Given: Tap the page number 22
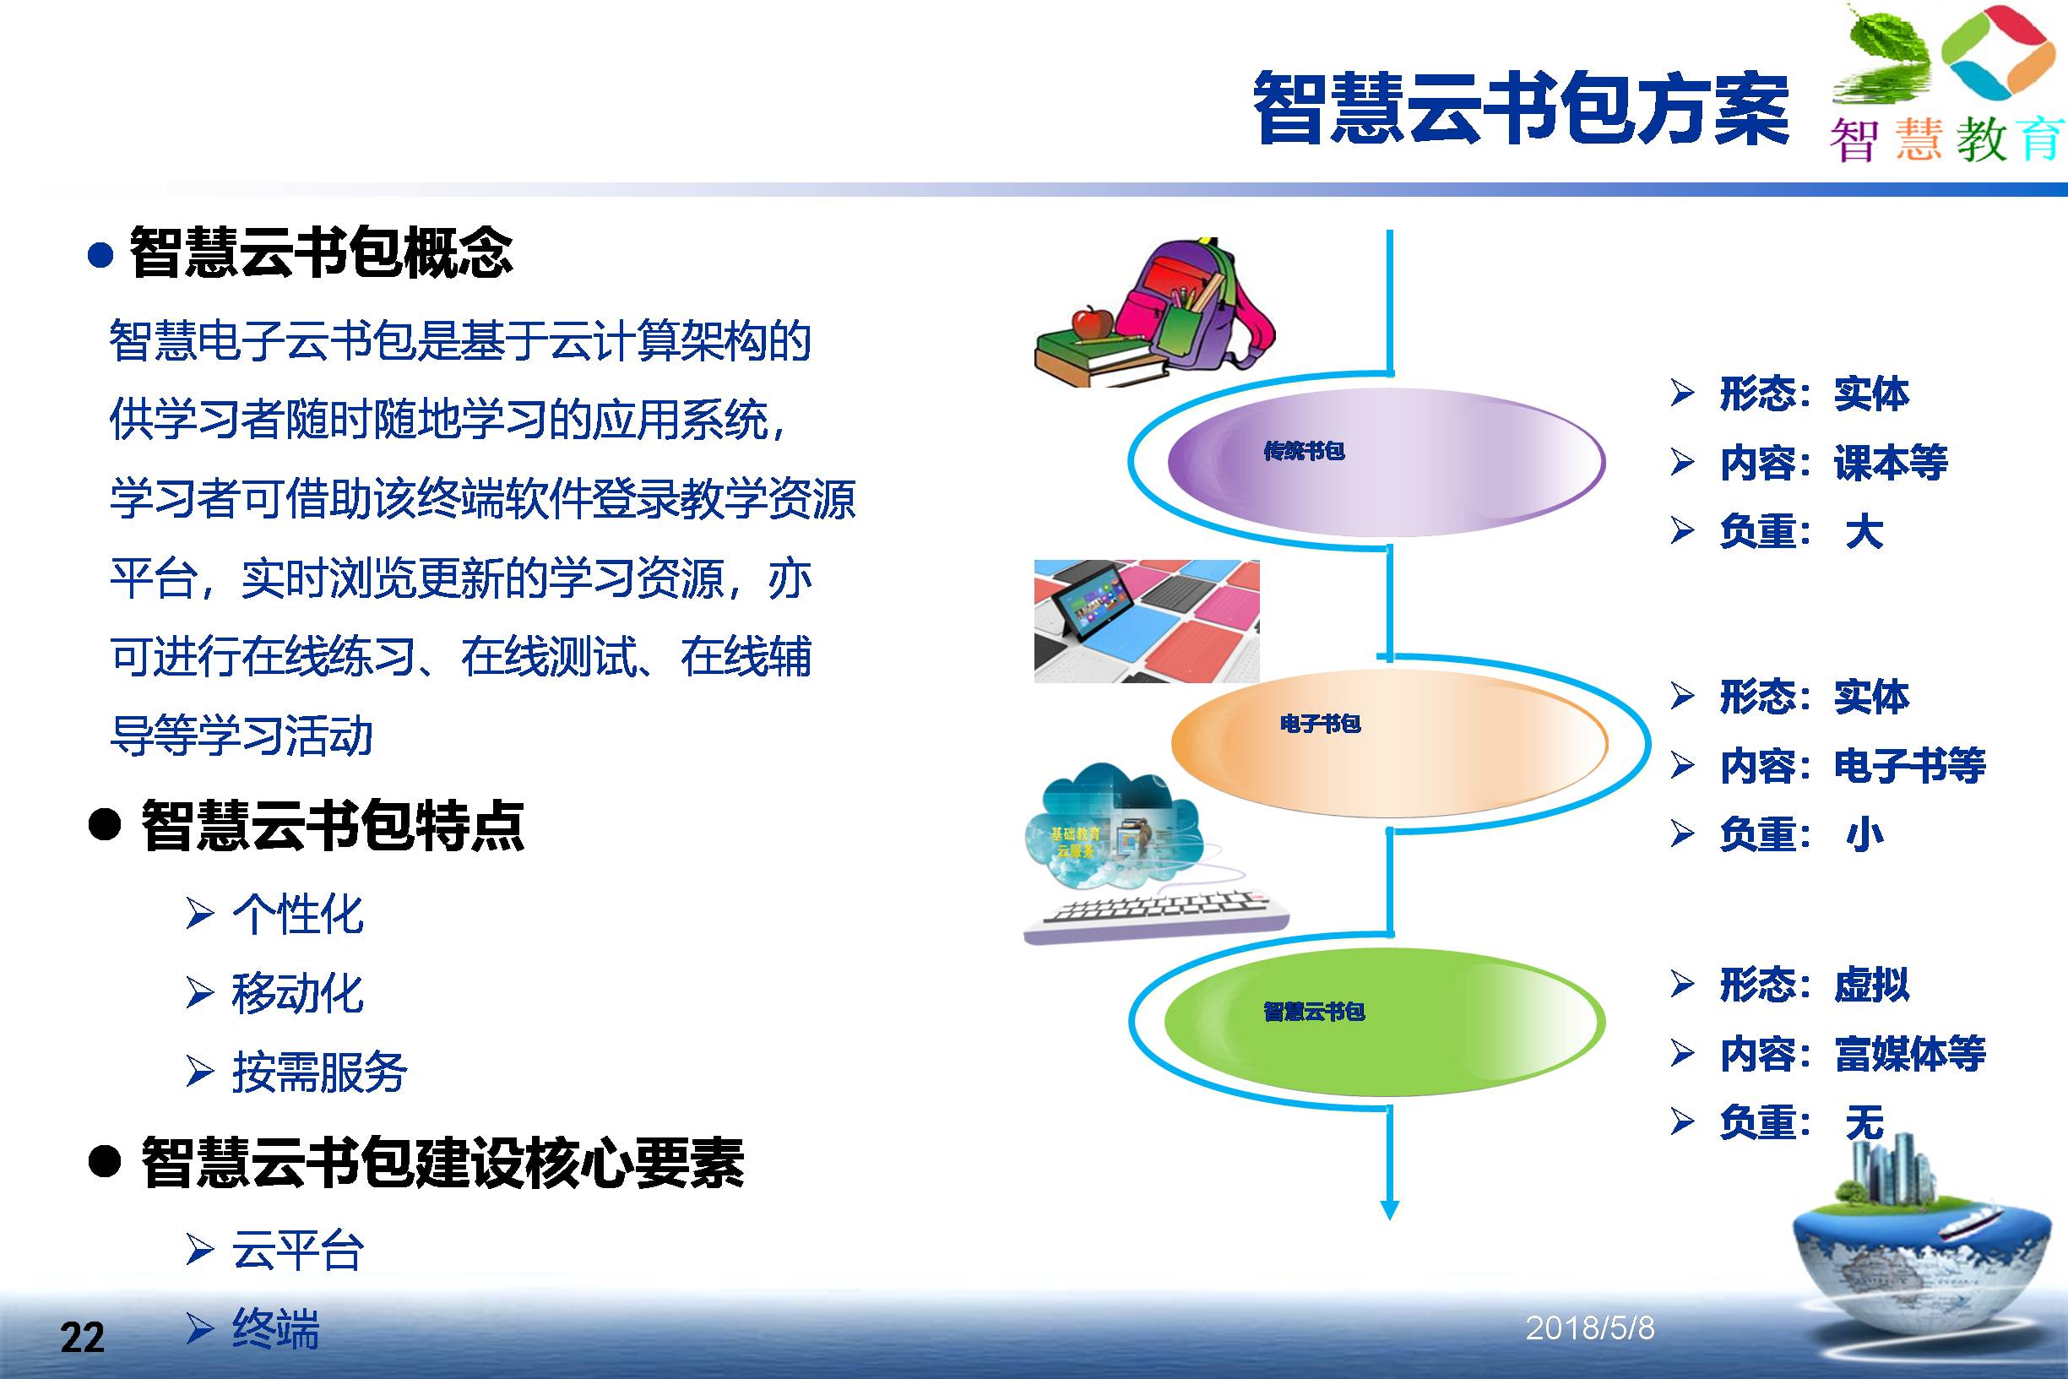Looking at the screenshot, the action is click(82, 1338).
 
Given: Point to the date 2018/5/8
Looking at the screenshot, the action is click(1590, 1328).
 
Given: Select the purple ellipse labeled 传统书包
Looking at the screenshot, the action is click(1386, 462).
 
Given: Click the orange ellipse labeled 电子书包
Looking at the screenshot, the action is click(1389, 743).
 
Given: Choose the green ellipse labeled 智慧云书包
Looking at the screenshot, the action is click(1385, 1022).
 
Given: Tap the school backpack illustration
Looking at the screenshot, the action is click(1200, 303).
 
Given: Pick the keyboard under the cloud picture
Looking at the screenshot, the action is click(1156, 917).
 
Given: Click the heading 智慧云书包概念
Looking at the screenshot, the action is click(322, 253).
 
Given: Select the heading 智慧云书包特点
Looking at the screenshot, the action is click(333, 825).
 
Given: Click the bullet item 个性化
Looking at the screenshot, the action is click(297, 915).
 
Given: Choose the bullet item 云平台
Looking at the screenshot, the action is click(297, 1250).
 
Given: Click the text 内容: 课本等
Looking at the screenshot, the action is click(1833, 463).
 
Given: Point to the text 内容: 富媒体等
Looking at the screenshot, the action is click(1853, 1054).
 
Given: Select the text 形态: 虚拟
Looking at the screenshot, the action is click(1814, 984).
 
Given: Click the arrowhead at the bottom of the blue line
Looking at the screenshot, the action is click(1389, 1209).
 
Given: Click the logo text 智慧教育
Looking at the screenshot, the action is click(1946, 140).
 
